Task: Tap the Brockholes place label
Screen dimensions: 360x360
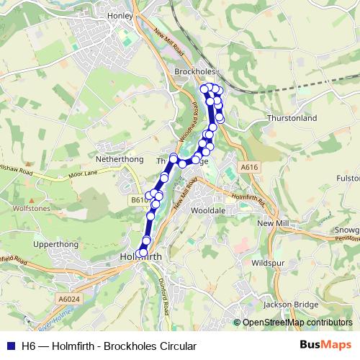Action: (x=194, y=72)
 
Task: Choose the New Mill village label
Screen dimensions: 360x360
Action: (x=272, y=224)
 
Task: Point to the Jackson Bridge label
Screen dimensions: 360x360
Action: (x=290, y=305)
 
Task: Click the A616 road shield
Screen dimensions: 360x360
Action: (x=249, y=167)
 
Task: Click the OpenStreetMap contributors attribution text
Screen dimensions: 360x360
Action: (x=297, y=323)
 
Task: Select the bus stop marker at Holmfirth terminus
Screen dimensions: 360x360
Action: (x=142, y=253)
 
